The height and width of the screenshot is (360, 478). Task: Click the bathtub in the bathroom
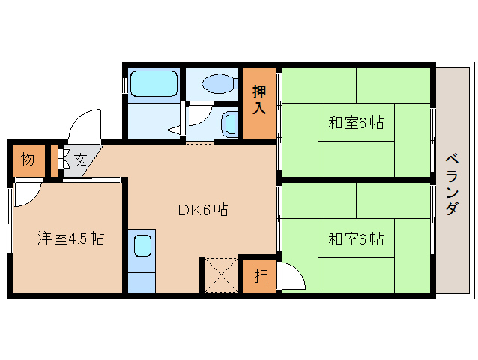click(x=154, y=83)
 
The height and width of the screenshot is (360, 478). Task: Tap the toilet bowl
click(x=220, y=83)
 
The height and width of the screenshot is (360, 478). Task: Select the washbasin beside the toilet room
click(x=229, y=125)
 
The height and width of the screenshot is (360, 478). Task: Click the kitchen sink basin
click(x=142, y=245)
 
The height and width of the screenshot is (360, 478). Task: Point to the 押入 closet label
click(x=259, y=100)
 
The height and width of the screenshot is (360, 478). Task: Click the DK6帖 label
click(x=203, y=210)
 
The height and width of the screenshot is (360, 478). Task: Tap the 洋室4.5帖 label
click(x=70, y=238)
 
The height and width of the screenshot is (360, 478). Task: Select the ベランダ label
click(x=452, y=185)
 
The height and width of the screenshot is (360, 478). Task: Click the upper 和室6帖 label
click(x=356, y=123)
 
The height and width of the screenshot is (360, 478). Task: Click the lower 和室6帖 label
click(x=356, y=238)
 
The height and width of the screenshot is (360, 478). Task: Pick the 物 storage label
click(x=28, y=159)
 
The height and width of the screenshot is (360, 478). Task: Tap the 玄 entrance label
click(x=80, y=160)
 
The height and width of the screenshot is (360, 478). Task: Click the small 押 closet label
click(x=261, y=276)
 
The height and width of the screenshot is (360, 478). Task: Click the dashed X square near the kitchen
click(x=221, y=275)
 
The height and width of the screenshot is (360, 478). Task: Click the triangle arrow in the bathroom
click(x=174, y=130)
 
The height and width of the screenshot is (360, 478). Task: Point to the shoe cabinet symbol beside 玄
click(x=61, y=158)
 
